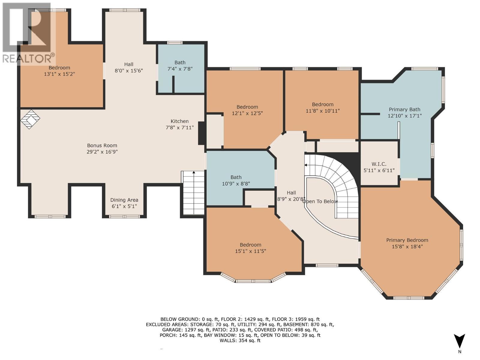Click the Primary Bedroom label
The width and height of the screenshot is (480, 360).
click(x=407, y=240)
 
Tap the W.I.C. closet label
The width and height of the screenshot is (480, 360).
click(x=379, y=164)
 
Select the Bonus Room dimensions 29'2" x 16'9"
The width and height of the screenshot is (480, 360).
click(x=102, y=152)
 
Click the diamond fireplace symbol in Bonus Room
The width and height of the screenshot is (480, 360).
click(x=30, y=119)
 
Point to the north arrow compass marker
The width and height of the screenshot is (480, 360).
click(x=459, y=342)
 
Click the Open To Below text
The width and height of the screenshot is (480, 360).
click(x=320, y=202)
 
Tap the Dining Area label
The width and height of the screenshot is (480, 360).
click(x=124, y=200)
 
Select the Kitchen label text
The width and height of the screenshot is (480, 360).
click(x=179, y=121)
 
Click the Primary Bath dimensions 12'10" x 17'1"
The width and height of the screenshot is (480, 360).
click(x=404, y=116)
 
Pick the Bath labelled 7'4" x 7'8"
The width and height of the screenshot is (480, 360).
click(x=180, y=65)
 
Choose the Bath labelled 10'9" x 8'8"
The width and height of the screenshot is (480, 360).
click(x=236, y=180)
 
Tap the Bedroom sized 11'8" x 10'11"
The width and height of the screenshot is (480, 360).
click(x=322, y=107)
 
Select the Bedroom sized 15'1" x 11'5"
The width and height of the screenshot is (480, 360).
click(x=250, y=248)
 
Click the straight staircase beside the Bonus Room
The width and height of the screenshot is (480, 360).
click(x=193, y=193)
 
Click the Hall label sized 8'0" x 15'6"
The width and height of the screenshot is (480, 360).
click(x=129, y=67)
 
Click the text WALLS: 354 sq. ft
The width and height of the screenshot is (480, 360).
click(x=240, y=340)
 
